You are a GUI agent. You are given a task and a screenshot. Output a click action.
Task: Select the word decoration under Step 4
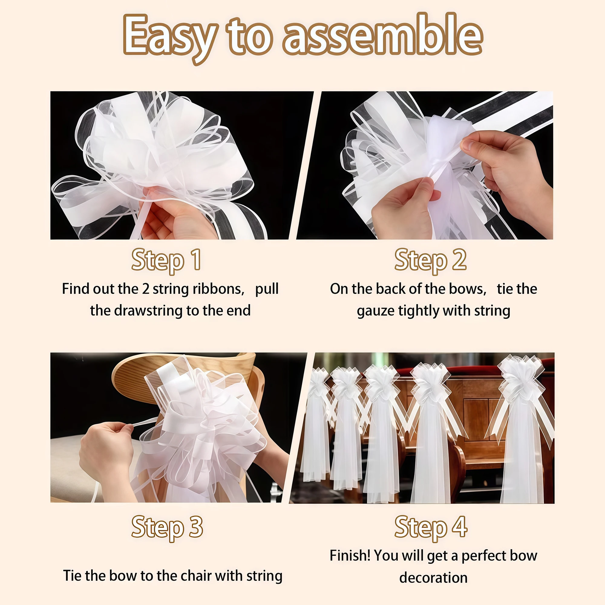(433, 577)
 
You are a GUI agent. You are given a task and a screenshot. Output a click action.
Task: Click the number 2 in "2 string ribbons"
(146, 289)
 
